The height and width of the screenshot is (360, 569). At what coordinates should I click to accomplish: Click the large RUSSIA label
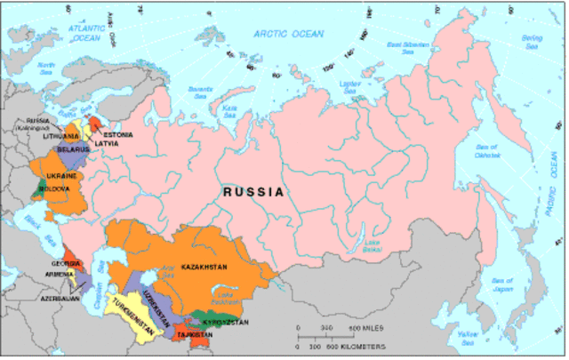tap(253, 191)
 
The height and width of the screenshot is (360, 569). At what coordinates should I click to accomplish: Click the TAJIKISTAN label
tap(195, 334)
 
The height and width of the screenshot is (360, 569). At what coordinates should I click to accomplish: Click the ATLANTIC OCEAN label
tap(85, 32)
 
